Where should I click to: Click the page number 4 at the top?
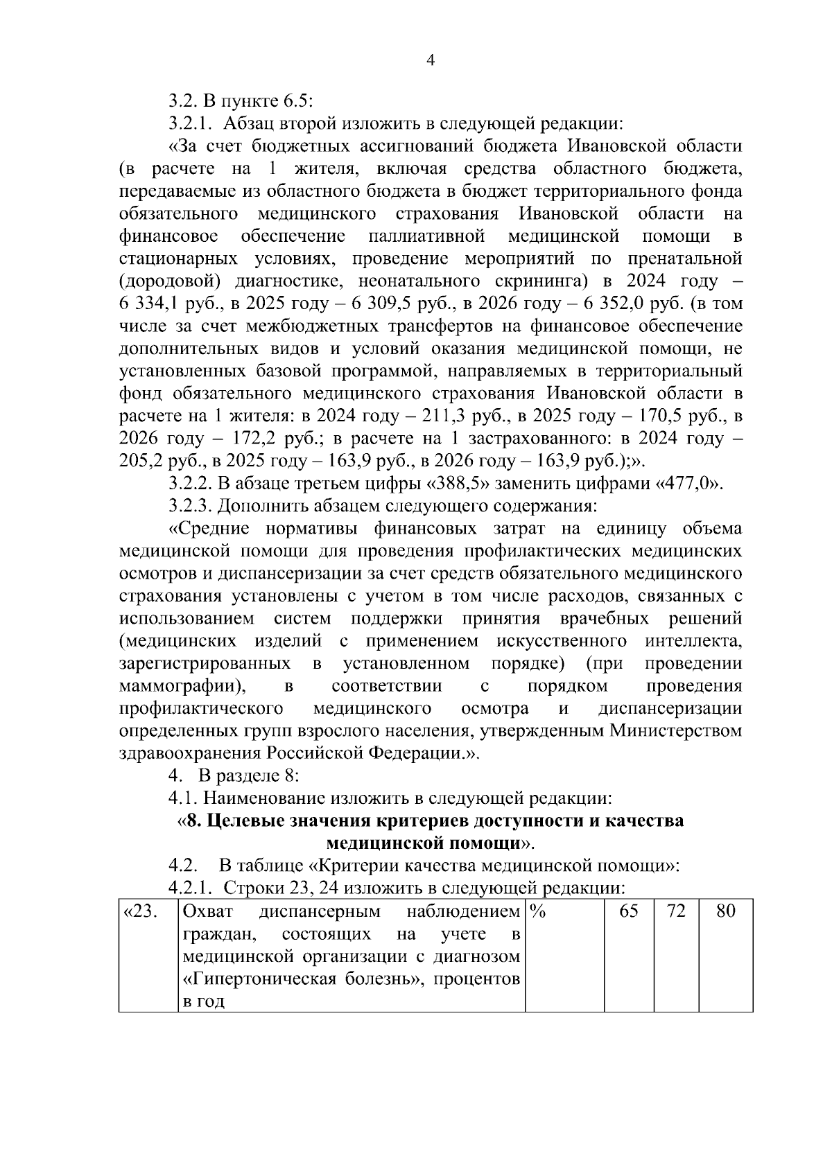[x=429, y=61]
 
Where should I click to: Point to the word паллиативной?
[x=425, y=236]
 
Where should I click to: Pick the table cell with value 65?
[x=628, y=911]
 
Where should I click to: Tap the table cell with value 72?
[x=675, y=911]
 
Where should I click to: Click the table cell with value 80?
[x=725, y=911]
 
